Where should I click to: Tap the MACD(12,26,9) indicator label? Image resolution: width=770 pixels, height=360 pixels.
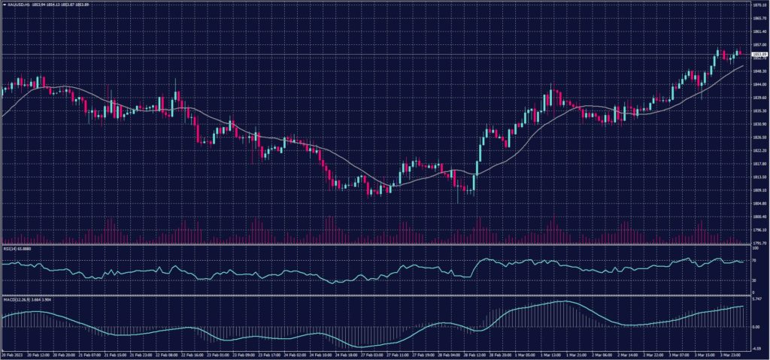tap(17, 298)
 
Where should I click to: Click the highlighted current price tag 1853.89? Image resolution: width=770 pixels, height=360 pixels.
tap(758, 54)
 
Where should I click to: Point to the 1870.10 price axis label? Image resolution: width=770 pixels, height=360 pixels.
tap(758, 5)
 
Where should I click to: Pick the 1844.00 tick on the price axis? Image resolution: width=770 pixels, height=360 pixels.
tap(758, 84)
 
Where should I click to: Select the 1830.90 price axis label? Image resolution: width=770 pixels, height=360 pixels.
tap(758, 124)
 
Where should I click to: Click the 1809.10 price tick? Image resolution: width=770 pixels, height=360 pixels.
tap(758, 190)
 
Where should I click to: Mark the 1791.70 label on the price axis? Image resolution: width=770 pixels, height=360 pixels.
tap(758, 243)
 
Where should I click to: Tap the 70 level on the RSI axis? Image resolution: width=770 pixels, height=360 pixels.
tap(754, 261)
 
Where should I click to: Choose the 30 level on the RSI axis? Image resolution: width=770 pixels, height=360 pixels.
tap(754, 280)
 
